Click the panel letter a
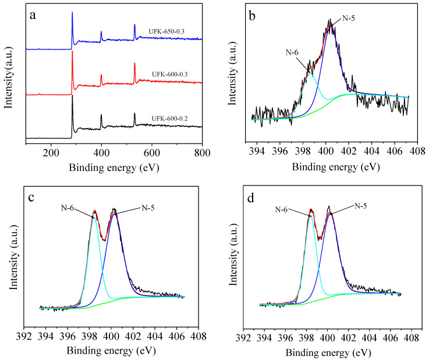click(x=33, y=16)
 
